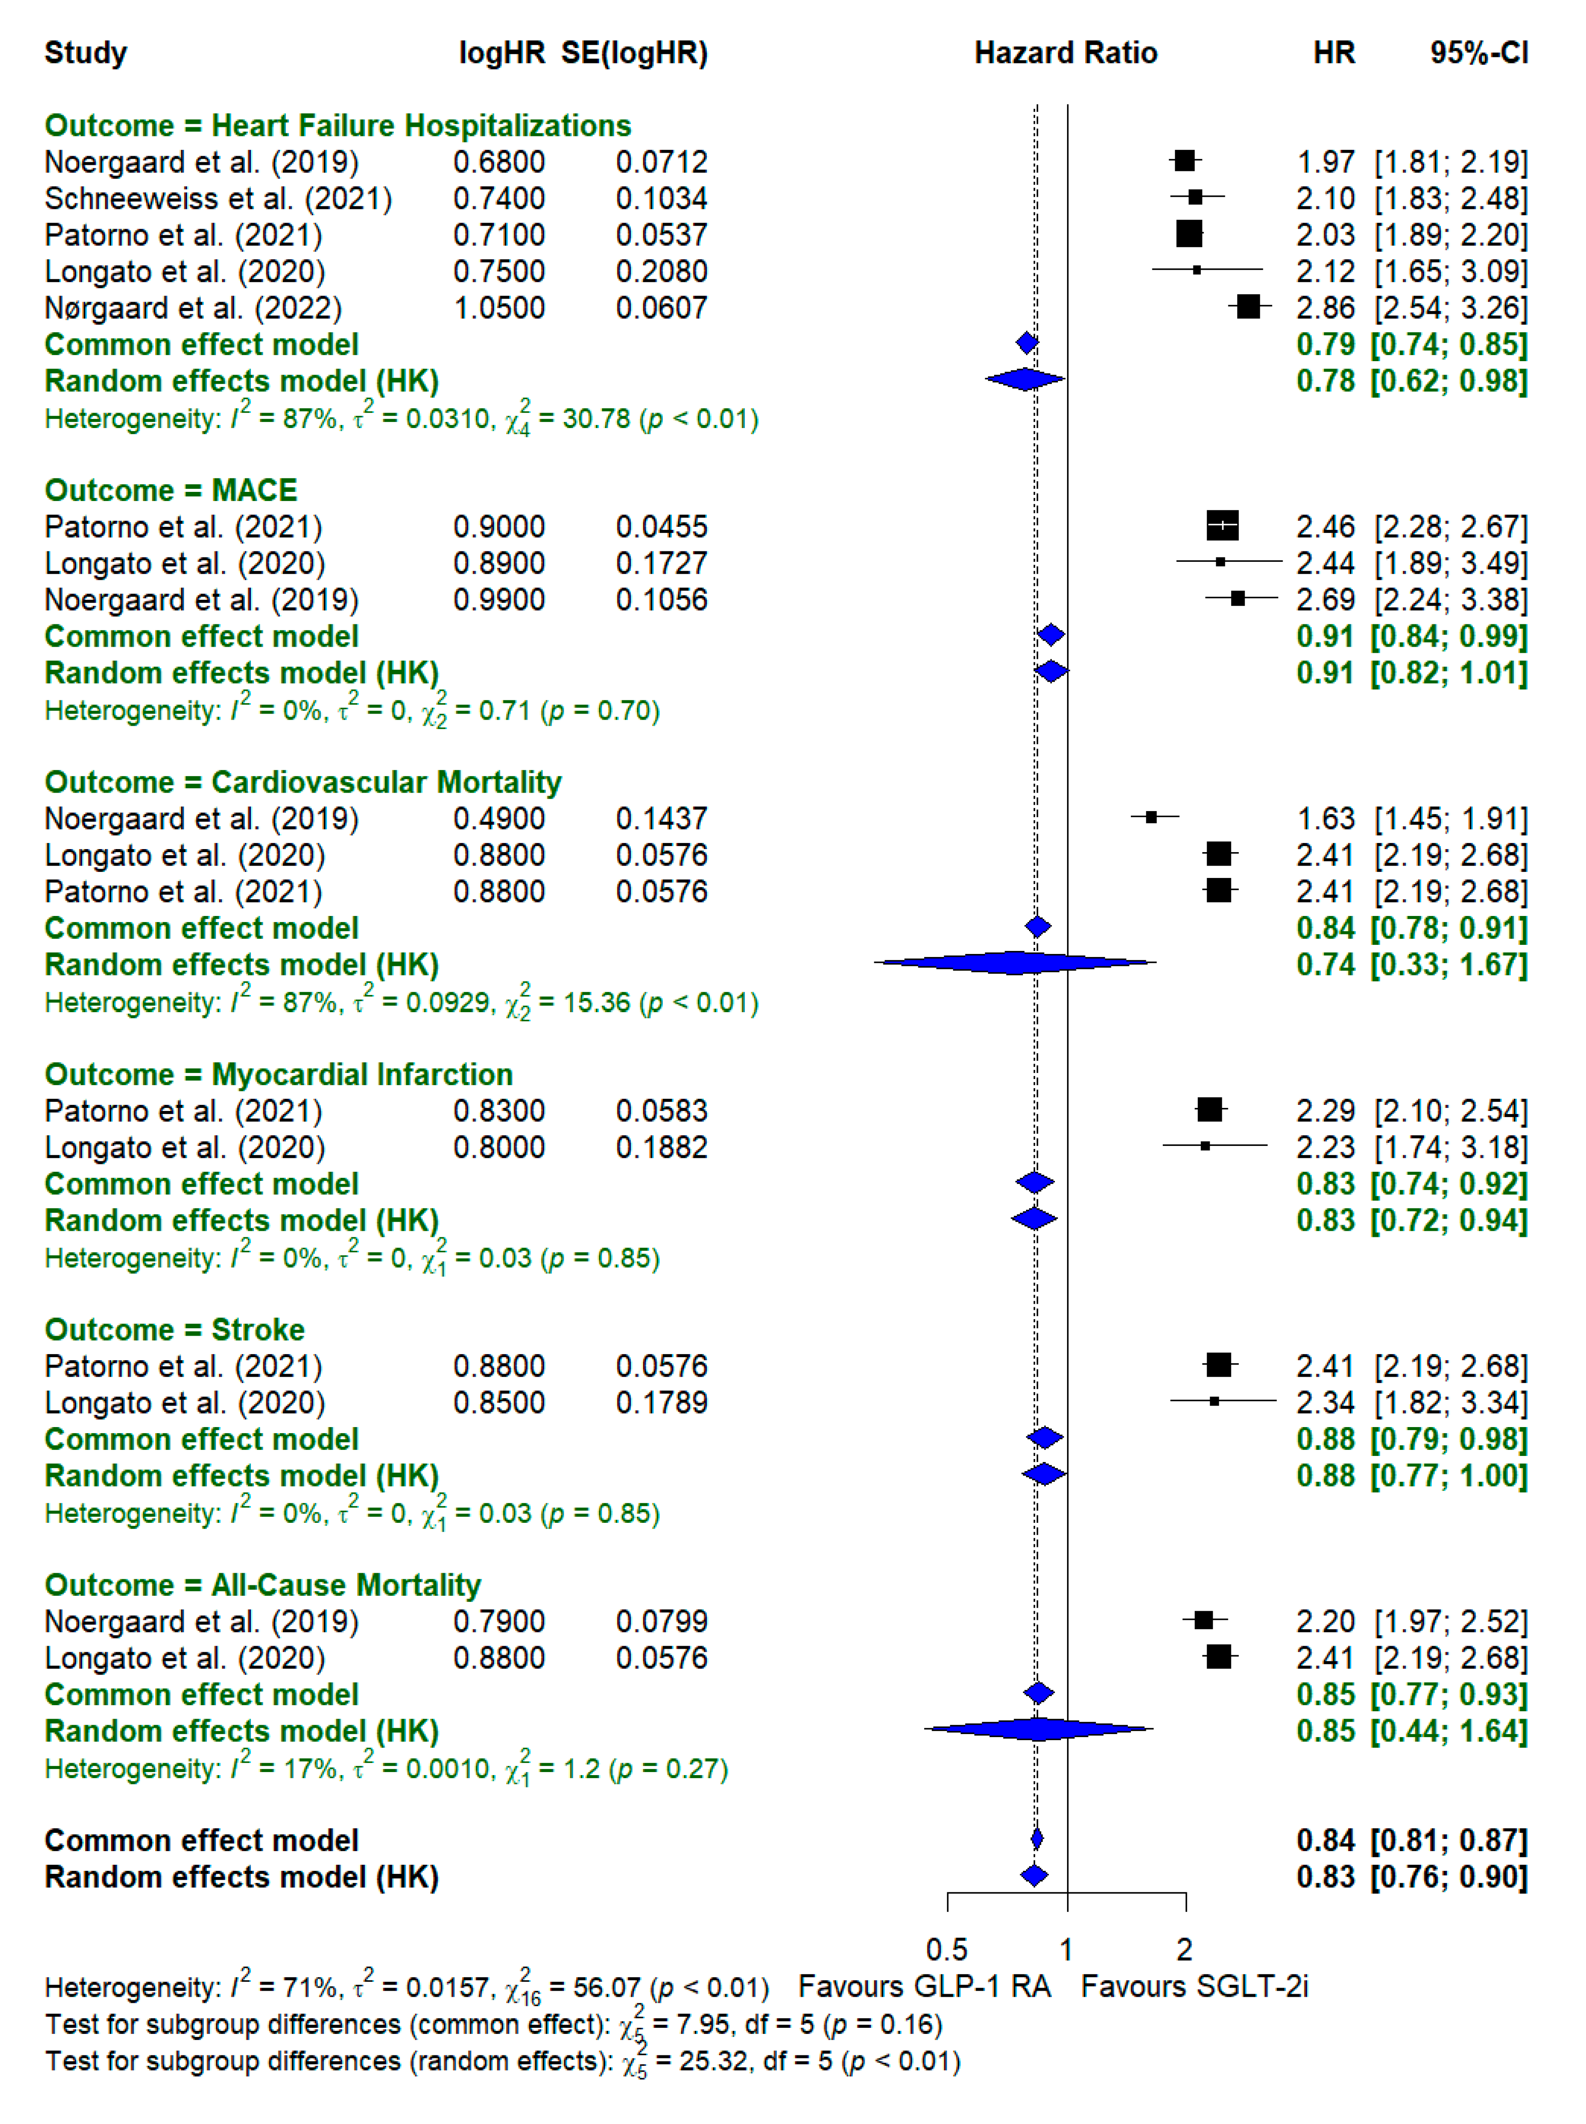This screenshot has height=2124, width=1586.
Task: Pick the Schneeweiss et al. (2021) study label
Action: pos(218,199)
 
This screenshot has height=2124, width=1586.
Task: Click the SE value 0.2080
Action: pos(661,272)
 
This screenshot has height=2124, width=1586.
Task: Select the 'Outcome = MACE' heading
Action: pos(171,491)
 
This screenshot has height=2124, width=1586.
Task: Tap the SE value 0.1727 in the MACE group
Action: pos(661,564)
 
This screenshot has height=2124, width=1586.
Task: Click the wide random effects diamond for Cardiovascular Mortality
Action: pos(1015,962)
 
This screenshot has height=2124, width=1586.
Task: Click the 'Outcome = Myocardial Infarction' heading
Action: pos(278,1075)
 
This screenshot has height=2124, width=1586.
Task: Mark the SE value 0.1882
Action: pos(661,1147)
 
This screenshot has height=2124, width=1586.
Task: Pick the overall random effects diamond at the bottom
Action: pos(1034,1875)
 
